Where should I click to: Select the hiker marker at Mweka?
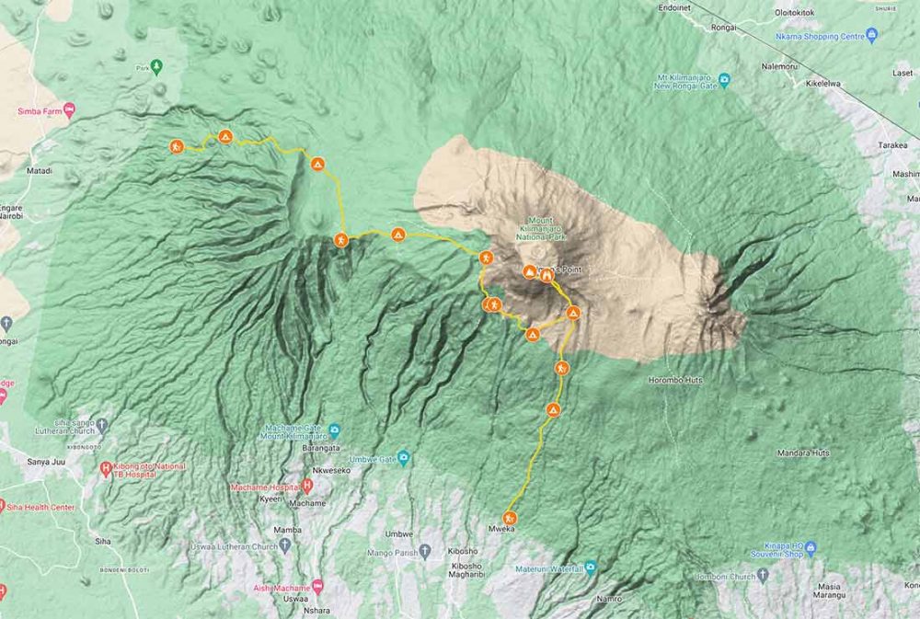pos(510,518)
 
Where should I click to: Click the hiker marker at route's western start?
pos(176,145)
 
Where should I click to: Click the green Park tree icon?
pos(156,65)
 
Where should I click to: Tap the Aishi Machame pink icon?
pos(318,586)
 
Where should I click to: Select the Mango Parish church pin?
pos(425,552)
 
